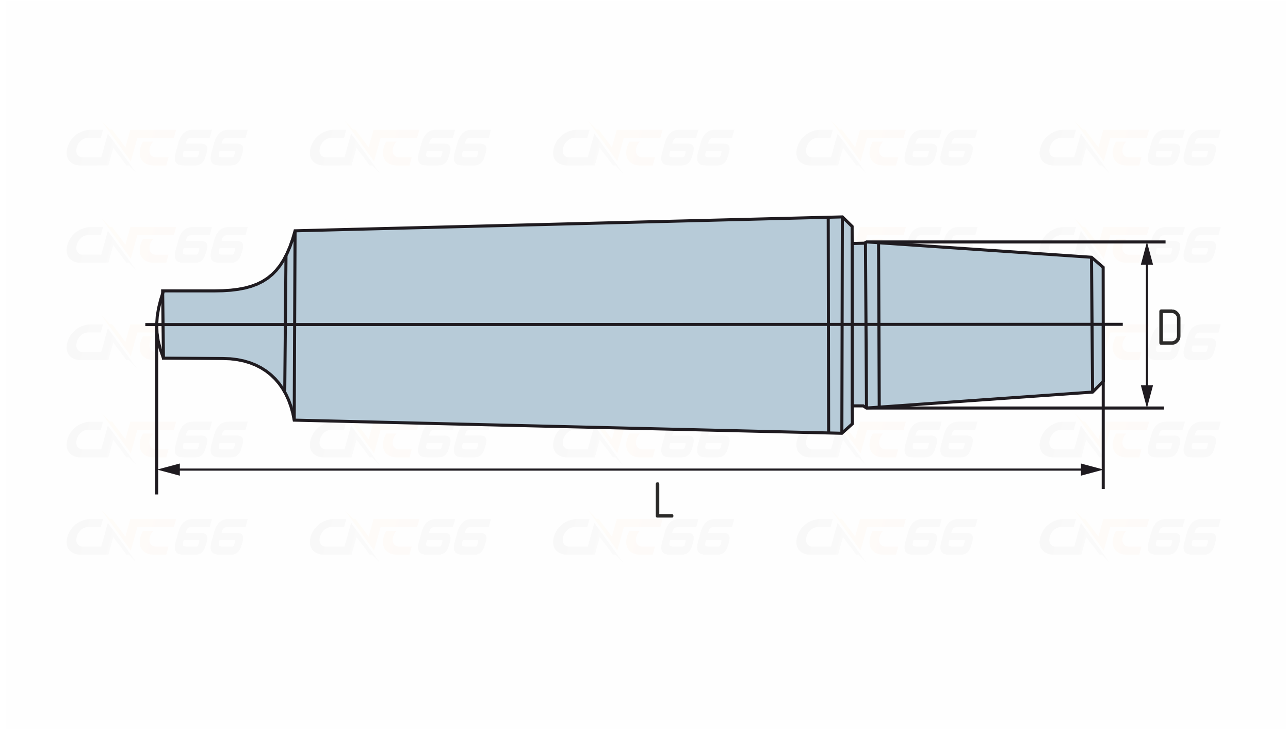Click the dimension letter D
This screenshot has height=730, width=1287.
coord(1169,327)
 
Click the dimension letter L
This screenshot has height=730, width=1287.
coord(664,500)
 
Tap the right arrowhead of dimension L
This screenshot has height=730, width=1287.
coord(1091,469)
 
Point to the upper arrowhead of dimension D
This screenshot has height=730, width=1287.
coord(1147,254)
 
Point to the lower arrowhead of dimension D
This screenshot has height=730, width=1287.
coord(1147,396)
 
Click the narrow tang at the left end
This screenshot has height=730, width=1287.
coord(191,324)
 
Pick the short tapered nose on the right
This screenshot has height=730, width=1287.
coord(985,325)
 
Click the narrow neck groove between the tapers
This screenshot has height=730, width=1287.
coord(859,325)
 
